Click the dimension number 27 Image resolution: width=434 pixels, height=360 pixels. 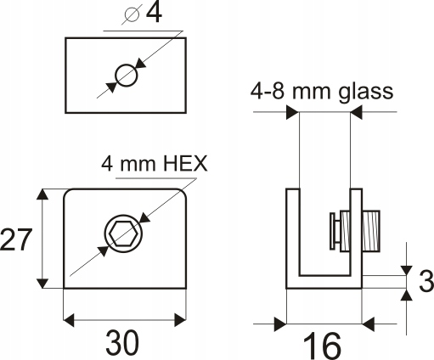tap(15, 239)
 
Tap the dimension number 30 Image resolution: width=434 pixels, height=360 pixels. tap(122, 343)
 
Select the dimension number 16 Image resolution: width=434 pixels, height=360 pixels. tap(322, 346)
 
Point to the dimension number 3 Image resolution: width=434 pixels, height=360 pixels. tap(426, 281)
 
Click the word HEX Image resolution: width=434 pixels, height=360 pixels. tap(185, 163)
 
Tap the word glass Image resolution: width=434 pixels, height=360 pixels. tap(365, 92)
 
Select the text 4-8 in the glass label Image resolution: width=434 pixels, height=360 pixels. tap(267, 91)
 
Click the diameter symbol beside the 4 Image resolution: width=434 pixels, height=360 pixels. tap(132, 14)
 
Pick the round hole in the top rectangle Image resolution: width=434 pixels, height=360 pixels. tap(127, 75)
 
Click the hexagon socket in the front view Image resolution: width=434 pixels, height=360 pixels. tap(123, 233)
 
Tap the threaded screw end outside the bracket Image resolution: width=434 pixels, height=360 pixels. tap(371, 231)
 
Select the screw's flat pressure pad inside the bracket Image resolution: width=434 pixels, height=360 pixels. tap(332, 231)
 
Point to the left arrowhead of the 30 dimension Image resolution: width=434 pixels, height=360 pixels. tap(69, 320)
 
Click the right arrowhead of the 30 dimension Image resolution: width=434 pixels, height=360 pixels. tap(180, 320)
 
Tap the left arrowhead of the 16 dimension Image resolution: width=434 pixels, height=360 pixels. tap(281, 324)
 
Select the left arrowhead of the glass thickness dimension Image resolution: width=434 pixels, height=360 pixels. tap(293, 112)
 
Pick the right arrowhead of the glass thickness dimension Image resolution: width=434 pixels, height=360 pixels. tap(357, 112)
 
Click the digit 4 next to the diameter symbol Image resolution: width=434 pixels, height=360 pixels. tap(154, 13)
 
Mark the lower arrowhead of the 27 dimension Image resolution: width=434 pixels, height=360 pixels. tap(42, 283)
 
